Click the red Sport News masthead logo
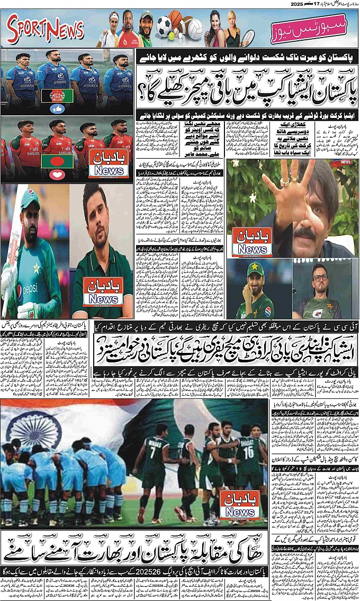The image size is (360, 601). point(46,31)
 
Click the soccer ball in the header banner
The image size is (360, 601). point(164,24)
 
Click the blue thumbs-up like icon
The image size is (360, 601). point(57,108)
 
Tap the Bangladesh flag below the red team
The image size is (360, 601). point(57,161)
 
